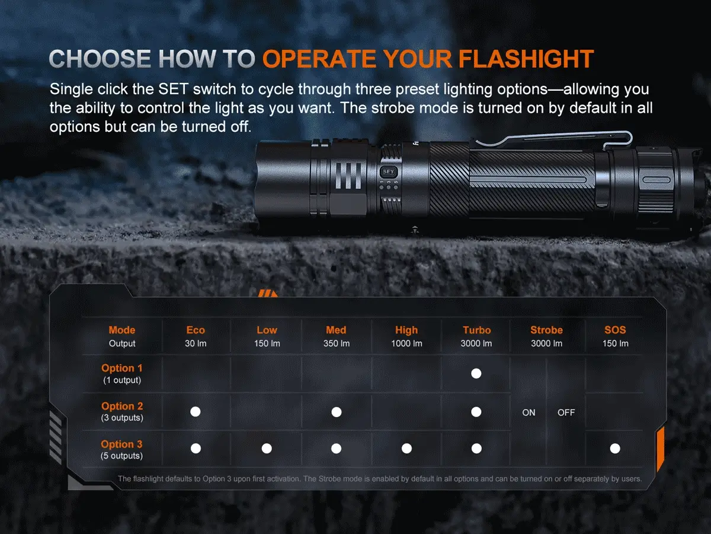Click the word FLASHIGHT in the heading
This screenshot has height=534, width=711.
click(527, 59)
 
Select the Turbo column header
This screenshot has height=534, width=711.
click(476, 330)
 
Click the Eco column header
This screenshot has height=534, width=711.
click(195, 330)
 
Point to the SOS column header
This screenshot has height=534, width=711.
click(615, 330)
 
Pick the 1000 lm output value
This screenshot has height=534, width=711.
click(406, 344)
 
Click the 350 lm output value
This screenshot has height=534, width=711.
click(336, 344)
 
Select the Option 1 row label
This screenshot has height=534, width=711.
click(122, 368)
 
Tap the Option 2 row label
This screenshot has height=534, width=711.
click(122, 406)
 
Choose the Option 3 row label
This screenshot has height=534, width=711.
click(121, 444)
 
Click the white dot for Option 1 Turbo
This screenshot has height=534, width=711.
click(476, 374)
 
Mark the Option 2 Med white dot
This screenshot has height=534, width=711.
click(336, 412)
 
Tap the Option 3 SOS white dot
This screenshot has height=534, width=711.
click(615, 449)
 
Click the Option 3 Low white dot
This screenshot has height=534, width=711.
click(267, 449)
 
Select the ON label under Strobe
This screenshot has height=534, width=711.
click(529, 412)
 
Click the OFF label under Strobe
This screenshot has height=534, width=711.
click(566, 412)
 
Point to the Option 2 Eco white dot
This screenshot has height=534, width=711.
click(196, 412)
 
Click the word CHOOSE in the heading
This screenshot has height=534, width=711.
click(100, 59)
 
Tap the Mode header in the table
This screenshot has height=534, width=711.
click(121, 330)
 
